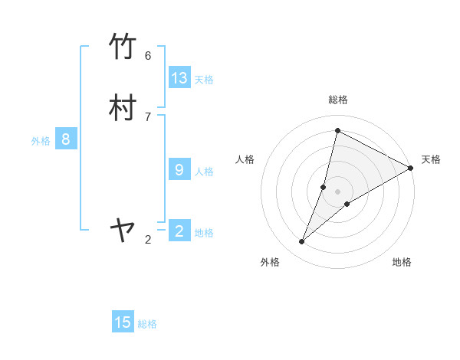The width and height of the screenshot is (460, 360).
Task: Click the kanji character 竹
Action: pos(123,47)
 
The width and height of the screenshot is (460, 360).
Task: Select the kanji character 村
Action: pos(123,108)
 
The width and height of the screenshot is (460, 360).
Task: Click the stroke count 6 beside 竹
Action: pos(148,56)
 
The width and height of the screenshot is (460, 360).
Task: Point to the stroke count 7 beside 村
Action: pos(148,116)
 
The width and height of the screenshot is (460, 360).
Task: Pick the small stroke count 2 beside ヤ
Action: pos(148,240)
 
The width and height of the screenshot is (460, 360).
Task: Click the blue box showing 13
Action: pos(179,78)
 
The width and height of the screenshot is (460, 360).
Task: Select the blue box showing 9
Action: pos(179,170)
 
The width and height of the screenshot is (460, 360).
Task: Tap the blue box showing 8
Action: pos(66,139)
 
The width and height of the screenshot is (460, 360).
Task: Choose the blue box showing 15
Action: pos(123,322)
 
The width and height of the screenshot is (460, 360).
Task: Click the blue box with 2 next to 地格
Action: pos(179,231)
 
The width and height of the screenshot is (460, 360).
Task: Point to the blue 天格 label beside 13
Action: pos(204,80)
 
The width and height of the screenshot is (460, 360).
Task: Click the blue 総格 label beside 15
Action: pos(147,324)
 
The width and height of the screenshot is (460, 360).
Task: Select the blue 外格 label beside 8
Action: pos(41,141)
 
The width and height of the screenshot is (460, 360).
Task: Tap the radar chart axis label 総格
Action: pos(337,100)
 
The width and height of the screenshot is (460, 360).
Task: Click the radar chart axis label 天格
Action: pos(431,159)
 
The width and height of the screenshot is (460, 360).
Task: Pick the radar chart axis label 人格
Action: pos(245,159)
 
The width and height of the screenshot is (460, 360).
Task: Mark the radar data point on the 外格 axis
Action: pos(302,242)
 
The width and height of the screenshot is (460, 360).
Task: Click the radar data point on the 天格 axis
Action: pos(411,169)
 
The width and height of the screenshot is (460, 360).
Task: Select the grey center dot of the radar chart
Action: pos(337,191)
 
